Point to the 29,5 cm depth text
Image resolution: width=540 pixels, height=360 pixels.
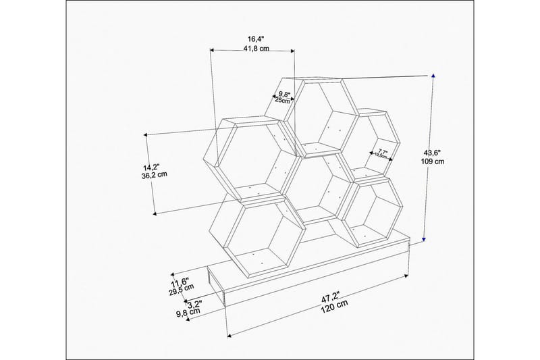[x=180, y=290]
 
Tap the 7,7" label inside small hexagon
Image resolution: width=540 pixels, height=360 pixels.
[x=382, y=151]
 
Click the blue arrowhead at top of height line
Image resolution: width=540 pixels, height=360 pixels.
[x=433, y=76]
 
